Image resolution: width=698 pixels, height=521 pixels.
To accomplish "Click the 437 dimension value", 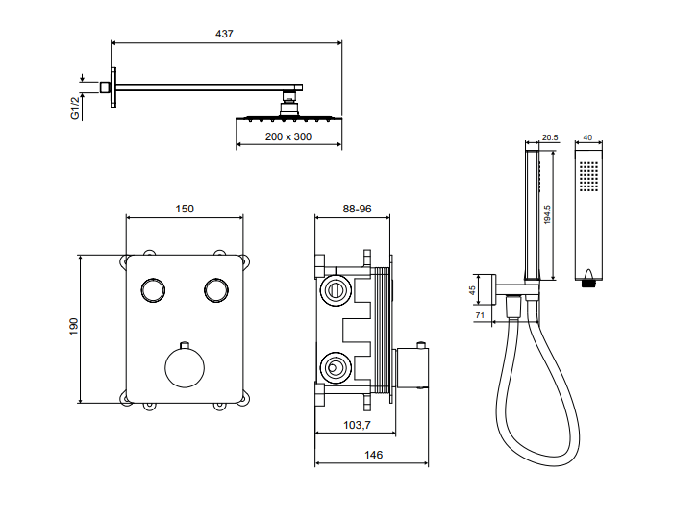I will [x=223, y=34].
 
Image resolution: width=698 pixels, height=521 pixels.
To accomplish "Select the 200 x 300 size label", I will [x=288, y=136].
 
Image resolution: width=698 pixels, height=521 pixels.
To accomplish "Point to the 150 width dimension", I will [x=186, y=209].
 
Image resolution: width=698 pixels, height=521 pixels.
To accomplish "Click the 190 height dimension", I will [x=73, y=327].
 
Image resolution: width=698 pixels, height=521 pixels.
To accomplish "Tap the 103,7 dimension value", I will [x=357, y=424].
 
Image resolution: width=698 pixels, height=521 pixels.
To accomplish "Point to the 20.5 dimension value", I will [x=550, y=137].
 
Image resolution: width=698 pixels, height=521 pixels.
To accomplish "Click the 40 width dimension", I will [x=588, y=137].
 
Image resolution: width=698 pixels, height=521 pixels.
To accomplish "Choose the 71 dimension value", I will [x=478, y=314].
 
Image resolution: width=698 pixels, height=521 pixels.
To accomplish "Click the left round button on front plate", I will [x=152, y=289].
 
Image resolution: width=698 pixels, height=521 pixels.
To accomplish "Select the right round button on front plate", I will [x=215, y=289].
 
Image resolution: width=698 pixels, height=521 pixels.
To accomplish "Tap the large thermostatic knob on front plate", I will [x=184, y=367].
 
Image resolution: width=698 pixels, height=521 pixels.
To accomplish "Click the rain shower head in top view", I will [x=288, y=117].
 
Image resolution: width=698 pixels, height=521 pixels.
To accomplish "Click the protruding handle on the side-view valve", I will [x=413, y=367].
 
